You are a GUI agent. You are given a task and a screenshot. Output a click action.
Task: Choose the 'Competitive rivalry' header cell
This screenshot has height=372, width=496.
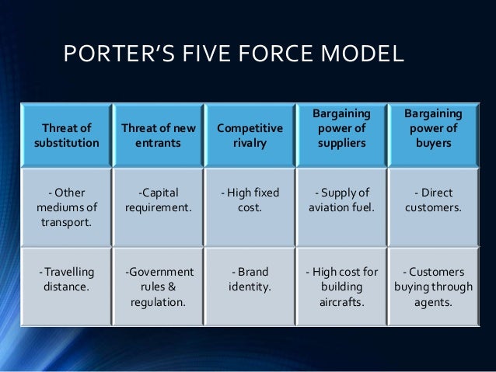pyautogui.click(x=249, y=136)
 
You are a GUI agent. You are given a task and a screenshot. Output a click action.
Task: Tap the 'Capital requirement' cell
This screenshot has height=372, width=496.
pyautogui.click(x=157, y=200)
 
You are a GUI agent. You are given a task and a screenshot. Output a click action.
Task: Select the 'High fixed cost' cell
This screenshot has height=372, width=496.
pyautogui.click(x=249, y=200)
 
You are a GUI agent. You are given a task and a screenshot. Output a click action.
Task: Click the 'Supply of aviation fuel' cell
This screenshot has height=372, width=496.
pyautogui.click(x=340, y=200)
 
